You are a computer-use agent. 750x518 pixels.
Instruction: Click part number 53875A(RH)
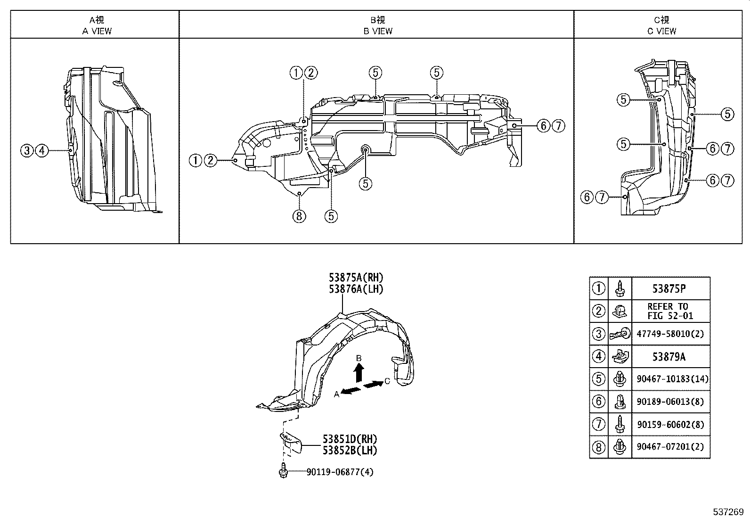pos(357,278)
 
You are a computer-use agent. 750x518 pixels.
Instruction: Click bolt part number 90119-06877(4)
pos(339,472)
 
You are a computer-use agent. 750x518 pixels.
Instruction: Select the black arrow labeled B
pos(359,373)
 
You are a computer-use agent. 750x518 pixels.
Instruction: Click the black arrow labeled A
pos(351,390)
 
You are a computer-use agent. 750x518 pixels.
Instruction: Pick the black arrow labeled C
pos(374,385)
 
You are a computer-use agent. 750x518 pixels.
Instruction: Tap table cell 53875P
pos(670,288)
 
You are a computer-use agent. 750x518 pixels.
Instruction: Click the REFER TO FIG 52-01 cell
pos(670,311)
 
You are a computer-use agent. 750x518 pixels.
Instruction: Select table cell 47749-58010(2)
pos(670,334)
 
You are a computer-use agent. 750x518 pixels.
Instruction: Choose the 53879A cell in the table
pos(670,356)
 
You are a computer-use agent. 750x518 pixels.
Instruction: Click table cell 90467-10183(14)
pos(670,379)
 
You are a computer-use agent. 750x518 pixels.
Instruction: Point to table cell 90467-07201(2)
pos(670,446)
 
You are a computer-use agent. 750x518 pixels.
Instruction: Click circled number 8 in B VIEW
pos(299,216)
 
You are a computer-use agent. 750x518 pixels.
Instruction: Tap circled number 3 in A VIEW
pos(27,151)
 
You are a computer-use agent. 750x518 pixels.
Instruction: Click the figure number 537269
pos(727,511)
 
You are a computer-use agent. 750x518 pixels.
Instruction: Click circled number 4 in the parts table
pos(598,356)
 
